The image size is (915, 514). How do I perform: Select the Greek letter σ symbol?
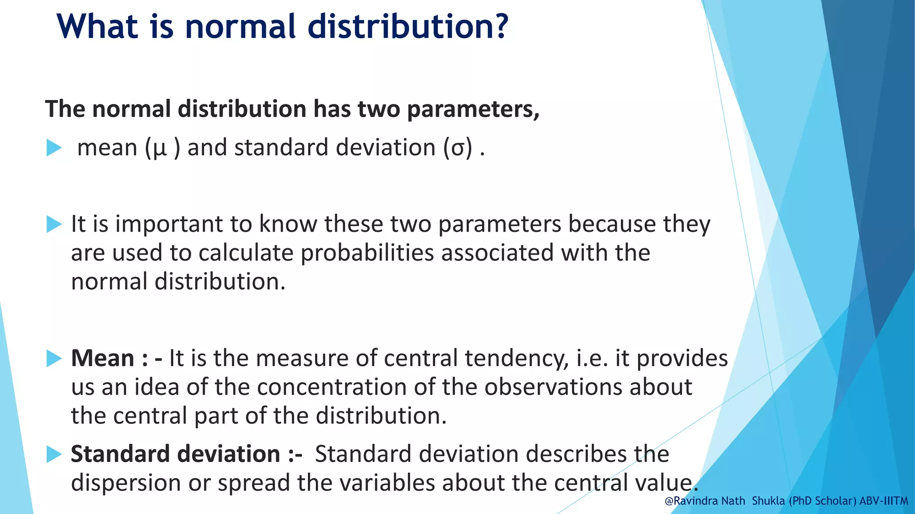coord(457,148)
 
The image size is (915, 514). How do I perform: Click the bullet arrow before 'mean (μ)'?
coord(54,148)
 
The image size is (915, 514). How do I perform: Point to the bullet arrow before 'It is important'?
coord(54,224)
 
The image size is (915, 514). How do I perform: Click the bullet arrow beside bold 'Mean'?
coord(54,358)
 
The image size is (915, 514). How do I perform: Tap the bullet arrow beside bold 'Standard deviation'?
coord(54,454)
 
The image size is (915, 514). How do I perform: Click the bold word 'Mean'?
coord(103,358)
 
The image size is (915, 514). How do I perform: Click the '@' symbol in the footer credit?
coord(669,501)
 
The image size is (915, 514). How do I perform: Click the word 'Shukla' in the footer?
coord(768,501)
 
